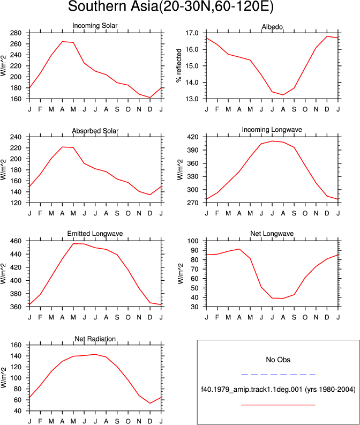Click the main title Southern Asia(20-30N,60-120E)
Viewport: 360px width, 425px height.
pyautogui.click(x=171, y=6)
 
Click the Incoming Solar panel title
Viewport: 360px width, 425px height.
pyautogui.click(x=95, y=26)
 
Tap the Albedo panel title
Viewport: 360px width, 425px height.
pyautogui.click(x=272, y=27)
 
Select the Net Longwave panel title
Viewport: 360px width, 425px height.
pyautogui.click(x=272, y=234)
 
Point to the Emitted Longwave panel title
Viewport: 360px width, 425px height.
pyautogui.click(x=95, y=234)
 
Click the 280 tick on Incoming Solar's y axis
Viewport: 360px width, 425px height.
pyautogui.click(x=16, y=33)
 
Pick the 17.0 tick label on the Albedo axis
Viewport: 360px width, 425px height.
pyautogui.click(x=192, y=33)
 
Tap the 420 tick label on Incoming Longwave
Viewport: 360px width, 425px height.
pyautogui.click(x=193, y=137)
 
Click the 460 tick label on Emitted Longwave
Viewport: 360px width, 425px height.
pyautogui.click(x=16, y=241)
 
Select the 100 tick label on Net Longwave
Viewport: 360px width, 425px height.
pyautogui.click(x=193, y=241)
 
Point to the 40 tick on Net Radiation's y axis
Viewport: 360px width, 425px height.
pyautogui.click(x=18, y=411)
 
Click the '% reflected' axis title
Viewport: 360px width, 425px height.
pyautogui.click(x=179, y=66)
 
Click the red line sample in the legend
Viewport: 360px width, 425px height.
pyautogui.click(x=278, y=405)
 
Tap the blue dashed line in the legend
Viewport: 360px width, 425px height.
pyautogui.click(x=278, y=375)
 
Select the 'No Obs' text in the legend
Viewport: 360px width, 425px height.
pyautogui.click(x=278, y=360)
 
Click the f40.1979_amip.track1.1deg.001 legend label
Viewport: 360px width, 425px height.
pyautogui.click(x=252, y=390)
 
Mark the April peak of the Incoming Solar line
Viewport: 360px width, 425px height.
pyautogui.click(x=62, y=42)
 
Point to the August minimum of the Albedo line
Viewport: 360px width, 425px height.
pyautogui.click(x=283, y=95)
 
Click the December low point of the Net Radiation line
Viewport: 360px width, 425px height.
pyautogui.click(x=150, y=404)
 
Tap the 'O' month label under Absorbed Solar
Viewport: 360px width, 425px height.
pyautogui.click(x=128, y=214)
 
